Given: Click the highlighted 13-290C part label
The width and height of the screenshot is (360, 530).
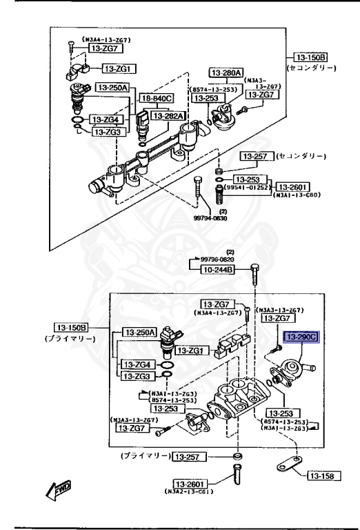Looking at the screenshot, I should point(322,336).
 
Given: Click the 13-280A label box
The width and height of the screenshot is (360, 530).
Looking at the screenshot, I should point(226,72).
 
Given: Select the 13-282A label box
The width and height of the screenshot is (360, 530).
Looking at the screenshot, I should point(168,116).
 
